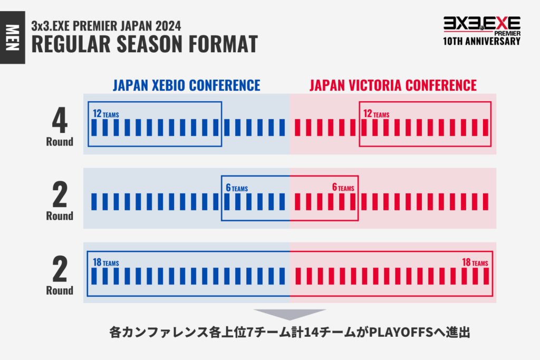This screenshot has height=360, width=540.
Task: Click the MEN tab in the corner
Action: pos(13,37)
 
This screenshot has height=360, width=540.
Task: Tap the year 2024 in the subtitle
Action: pos(168,26)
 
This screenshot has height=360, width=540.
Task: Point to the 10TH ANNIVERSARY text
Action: pos(481,41)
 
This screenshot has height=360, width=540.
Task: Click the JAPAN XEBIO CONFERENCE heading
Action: pos(187,85)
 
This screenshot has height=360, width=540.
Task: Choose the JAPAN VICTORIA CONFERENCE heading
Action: pos(393,85)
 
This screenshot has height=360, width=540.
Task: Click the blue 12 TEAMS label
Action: pos(105,113)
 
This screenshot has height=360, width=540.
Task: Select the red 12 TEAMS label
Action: pos(377,113)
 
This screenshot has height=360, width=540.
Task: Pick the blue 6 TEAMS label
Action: pos(237,188)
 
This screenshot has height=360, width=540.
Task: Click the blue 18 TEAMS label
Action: pos(105,262)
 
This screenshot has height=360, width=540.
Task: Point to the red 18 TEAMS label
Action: pos(475,262)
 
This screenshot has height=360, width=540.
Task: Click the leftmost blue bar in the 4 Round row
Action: pos(94,128)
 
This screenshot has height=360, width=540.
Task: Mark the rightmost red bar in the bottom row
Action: pos(486,276)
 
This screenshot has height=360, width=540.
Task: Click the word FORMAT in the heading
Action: pos(223,44)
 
